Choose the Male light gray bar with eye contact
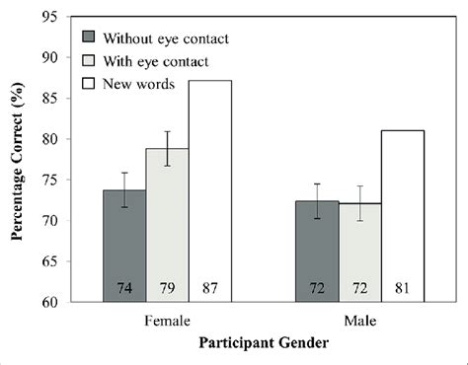[x=359, y=252]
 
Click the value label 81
[x=403, y=289]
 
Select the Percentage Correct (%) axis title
[x=17, y=160]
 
